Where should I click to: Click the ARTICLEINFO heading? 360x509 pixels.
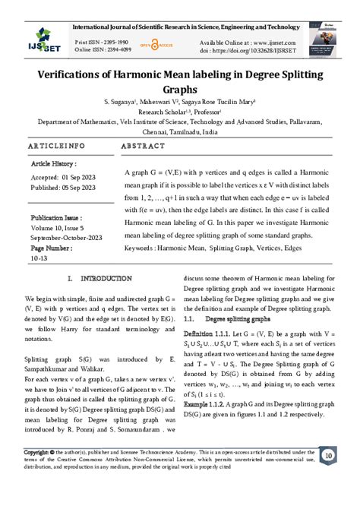click(x=56, y=145)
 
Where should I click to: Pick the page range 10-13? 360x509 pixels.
click(x=38, y=257)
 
